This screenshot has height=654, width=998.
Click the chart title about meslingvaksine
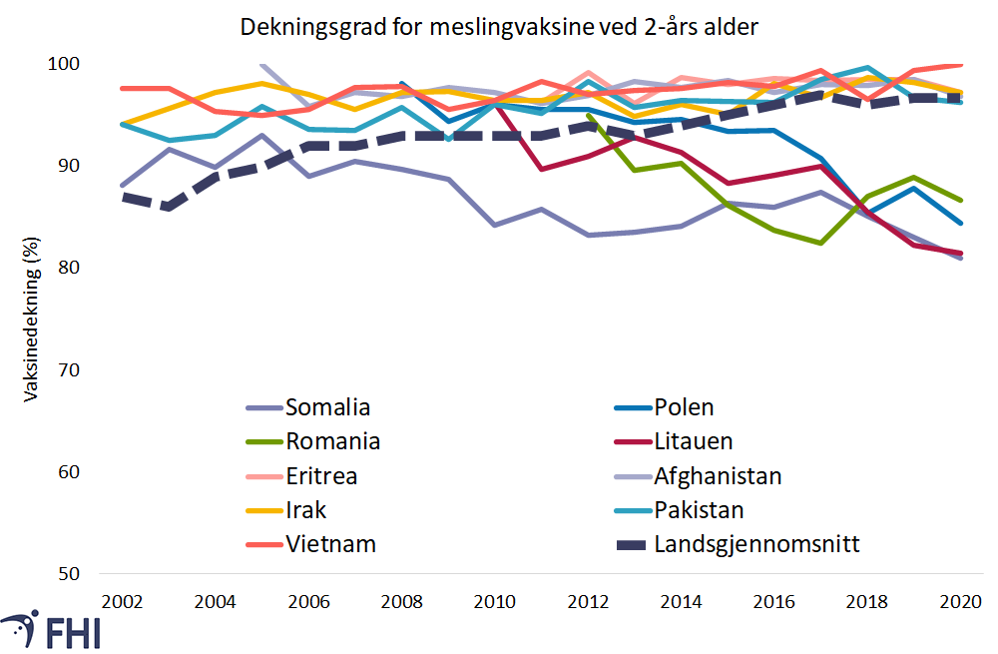[499, 27]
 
